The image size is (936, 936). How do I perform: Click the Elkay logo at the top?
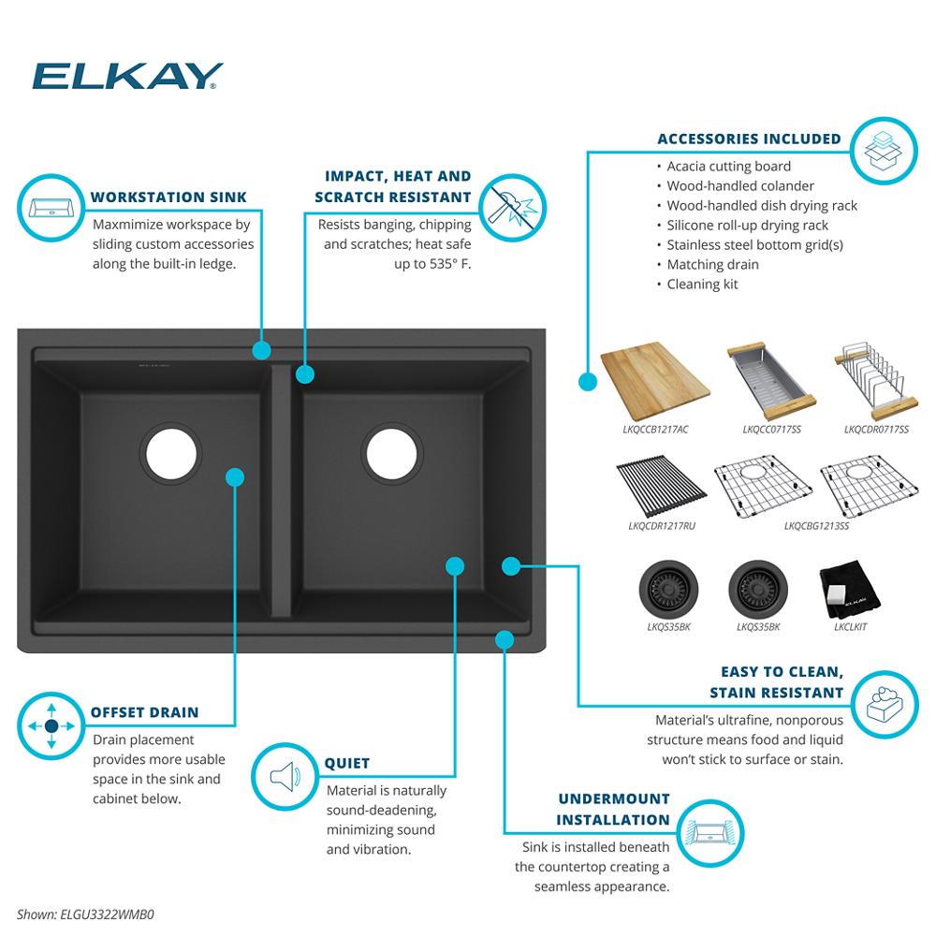pos(127,77)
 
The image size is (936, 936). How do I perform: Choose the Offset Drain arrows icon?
pos(50,726)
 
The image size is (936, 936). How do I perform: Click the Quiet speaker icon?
pos(284,776)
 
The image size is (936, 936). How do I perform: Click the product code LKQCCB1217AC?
pos(654,430)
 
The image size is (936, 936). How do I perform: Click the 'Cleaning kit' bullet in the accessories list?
pos(702,285)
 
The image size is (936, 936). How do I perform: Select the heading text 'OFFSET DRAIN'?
pos(144,712)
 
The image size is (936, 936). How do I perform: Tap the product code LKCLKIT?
pos(849,627)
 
